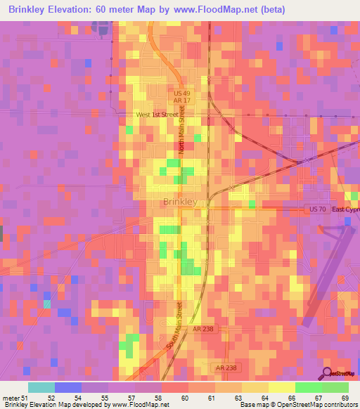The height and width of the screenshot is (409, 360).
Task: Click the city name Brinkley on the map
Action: pos(179,202)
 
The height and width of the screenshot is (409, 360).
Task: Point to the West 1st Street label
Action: pos(160,114)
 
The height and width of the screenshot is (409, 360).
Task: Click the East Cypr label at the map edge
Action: pos(345,209)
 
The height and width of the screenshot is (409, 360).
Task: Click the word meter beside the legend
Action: pos(11,397)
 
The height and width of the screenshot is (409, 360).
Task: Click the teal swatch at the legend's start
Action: pos(41,387)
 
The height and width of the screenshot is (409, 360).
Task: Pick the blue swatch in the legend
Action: pos(68,387)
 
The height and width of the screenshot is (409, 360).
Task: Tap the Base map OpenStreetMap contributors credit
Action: pos(298,405)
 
